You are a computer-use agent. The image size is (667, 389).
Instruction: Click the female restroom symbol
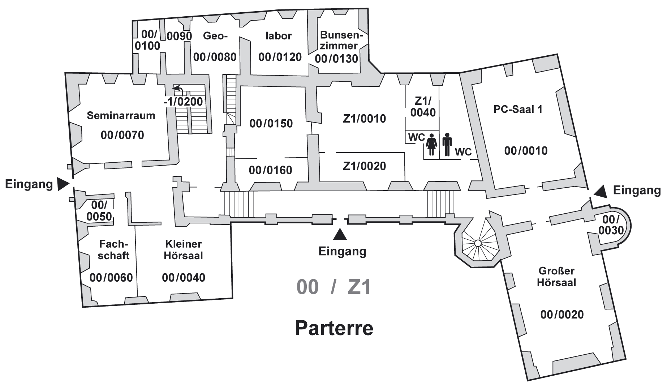pyautogui.click(x=432, y=145)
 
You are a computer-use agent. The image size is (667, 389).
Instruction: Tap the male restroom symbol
pyautogui.click(x=447, y=145)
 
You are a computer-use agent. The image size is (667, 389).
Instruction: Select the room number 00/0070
pyautogui.click(x=122, y=135)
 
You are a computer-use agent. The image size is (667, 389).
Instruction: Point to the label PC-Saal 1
pyautogui.click(x=518, y=109)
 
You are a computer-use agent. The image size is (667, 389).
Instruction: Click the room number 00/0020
pyautogui.click(x=562, y=315)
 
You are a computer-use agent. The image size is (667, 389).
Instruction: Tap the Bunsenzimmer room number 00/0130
pyautogui.click(x=336, y=59)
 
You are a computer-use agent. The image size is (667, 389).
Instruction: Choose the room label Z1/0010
pyautogui.click(x=365, y=119)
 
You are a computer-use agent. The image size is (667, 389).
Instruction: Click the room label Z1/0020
pyautogui.click(x=365, y=166)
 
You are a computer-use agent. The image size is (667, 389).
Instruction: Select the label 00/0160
pyautogui.click(x=271, y=170)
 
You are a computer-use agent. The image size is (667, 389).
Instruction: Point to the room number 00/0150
pyautogui.click(x=271, y=123)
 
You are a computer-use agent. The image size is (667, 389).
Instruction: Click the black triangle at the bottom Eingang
pyautogui.click(x=340, y=234)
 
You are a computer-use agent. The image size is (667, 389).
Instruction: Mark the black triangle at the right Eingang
pyautogui.click(x=601, y=192)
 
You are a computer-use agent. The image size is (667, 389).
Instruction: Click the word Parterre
pyautogui.click(x=334, y=328)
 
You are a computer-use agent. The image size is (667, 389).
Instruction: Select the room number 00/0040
pyautogui.click(x=184, y=278)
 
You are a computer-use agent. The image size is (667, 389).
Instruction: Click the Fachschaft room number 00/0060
pyautogui.click(x=111, y=278)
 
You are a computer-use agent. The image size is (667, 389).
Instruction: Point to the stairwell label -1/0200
pyautogui.click(x=184, y=102)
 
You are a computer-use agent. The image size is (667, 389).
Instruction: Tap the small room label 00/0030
pyautogui.click(x=611, y=225)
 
